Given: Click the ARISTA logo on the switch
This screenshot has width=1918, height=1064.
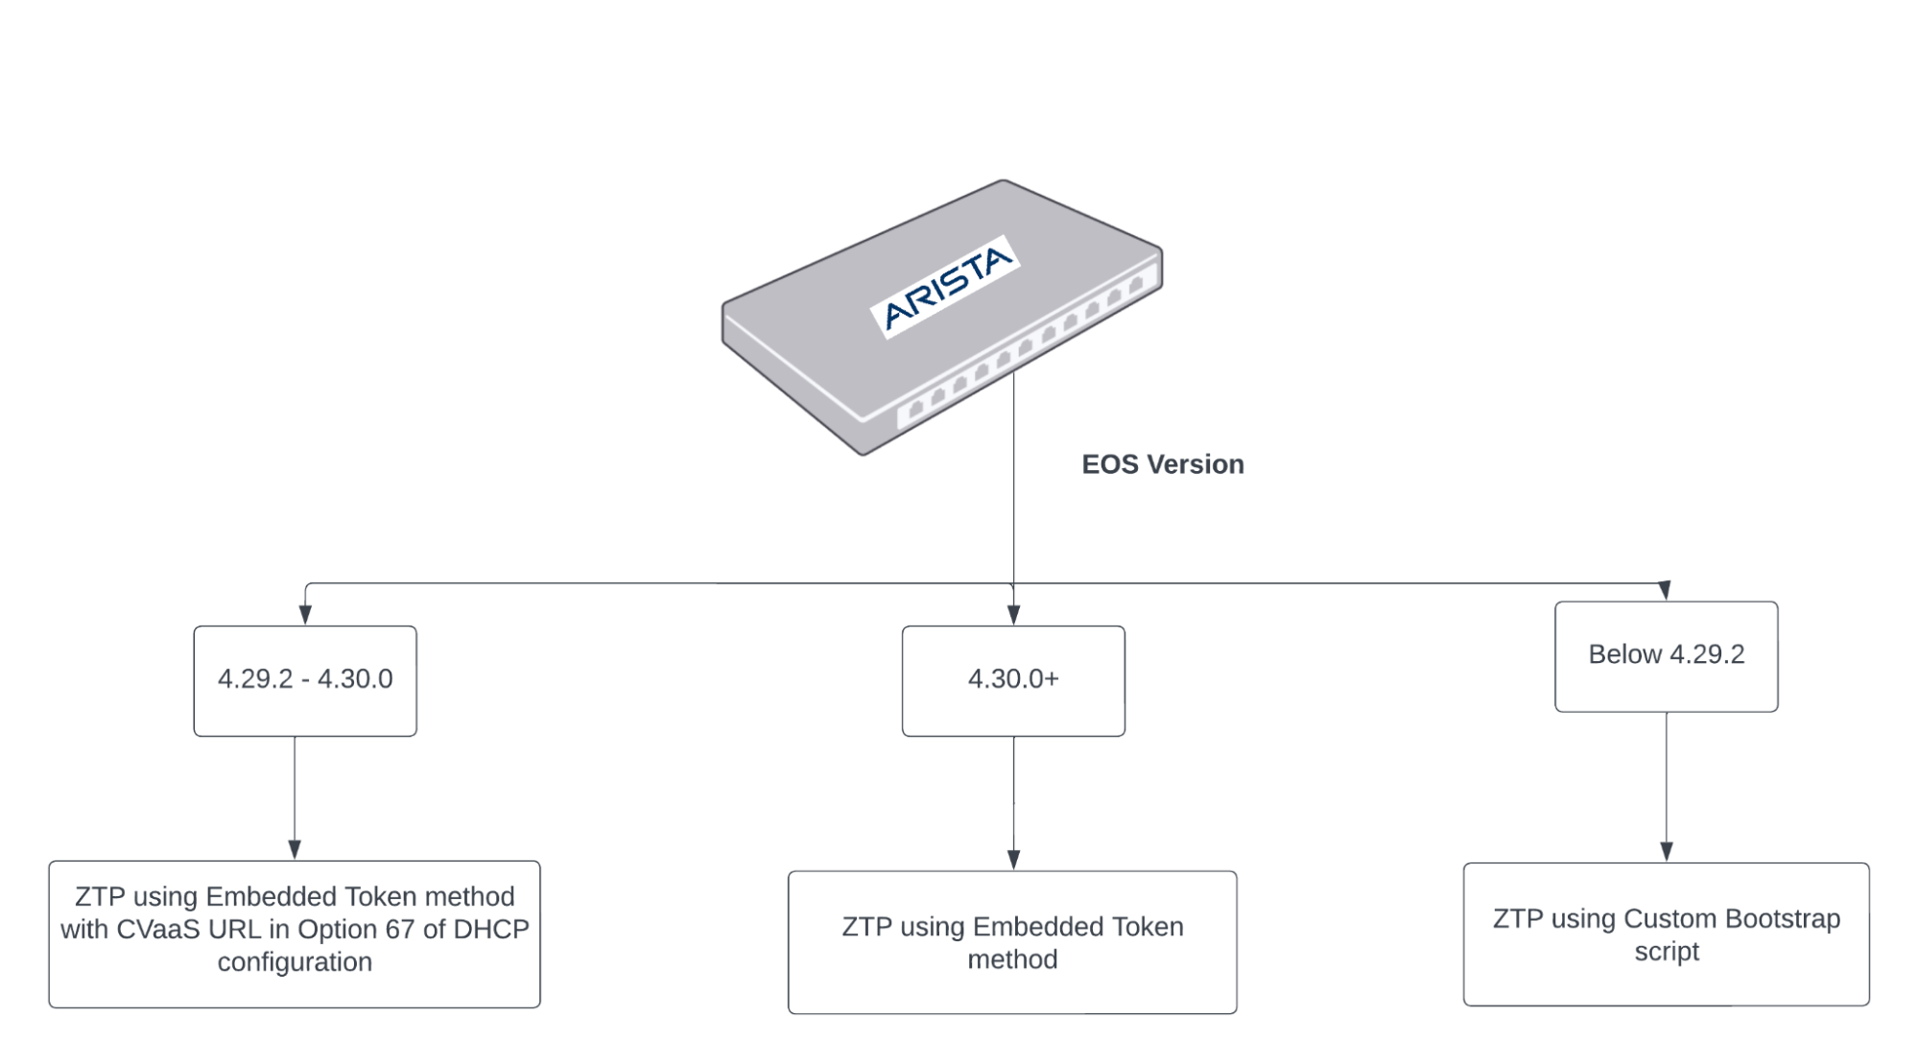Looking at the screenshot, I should coord(946,287).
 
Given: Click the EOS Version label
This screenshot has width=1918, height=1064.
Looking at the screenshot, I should coord(1162,464).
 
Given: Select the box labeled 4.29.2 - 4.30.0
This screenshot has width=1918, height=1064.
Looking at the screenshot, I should coord(305,680).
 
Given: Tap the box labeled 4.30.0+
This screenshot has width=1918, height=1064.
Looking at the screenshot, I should coord(1013,680).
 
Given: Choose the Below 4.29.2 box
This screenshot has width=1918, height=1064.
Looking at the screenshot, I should coord(1666,655).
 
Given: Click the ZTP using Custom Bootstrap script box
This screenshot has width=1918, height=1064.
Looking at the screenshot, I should coord(1666,934).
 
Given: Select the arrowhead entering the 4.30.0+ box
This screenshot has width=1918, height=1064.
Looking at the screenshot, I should coord(1013,615).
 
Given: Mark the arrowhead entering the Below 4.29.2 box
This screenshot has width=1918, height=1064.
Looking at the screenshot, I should coord(1665,590).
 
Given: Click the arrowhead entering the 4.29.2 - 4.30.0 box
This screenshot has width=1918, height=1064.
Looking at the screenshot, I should coord(305,615).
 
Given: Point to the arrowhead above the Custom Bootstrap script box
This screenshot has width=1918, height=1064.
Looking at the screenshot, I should coord(1666,851).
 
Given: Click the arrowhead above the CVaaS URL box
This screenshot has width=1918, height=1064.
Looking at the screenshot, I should coord(295,849).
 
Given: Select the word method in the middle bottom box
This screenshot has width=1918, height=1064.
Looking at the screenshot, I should coord(1012,959).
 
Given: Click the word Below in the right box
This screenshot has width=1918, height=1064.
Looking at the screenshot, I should coord(1624,654).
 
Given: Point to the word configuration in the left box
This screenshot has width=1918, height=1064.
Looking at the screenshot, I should coord(295,961).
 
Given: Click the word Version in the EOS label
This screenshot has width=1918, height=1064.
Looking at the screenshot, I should coord(1196,464).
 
